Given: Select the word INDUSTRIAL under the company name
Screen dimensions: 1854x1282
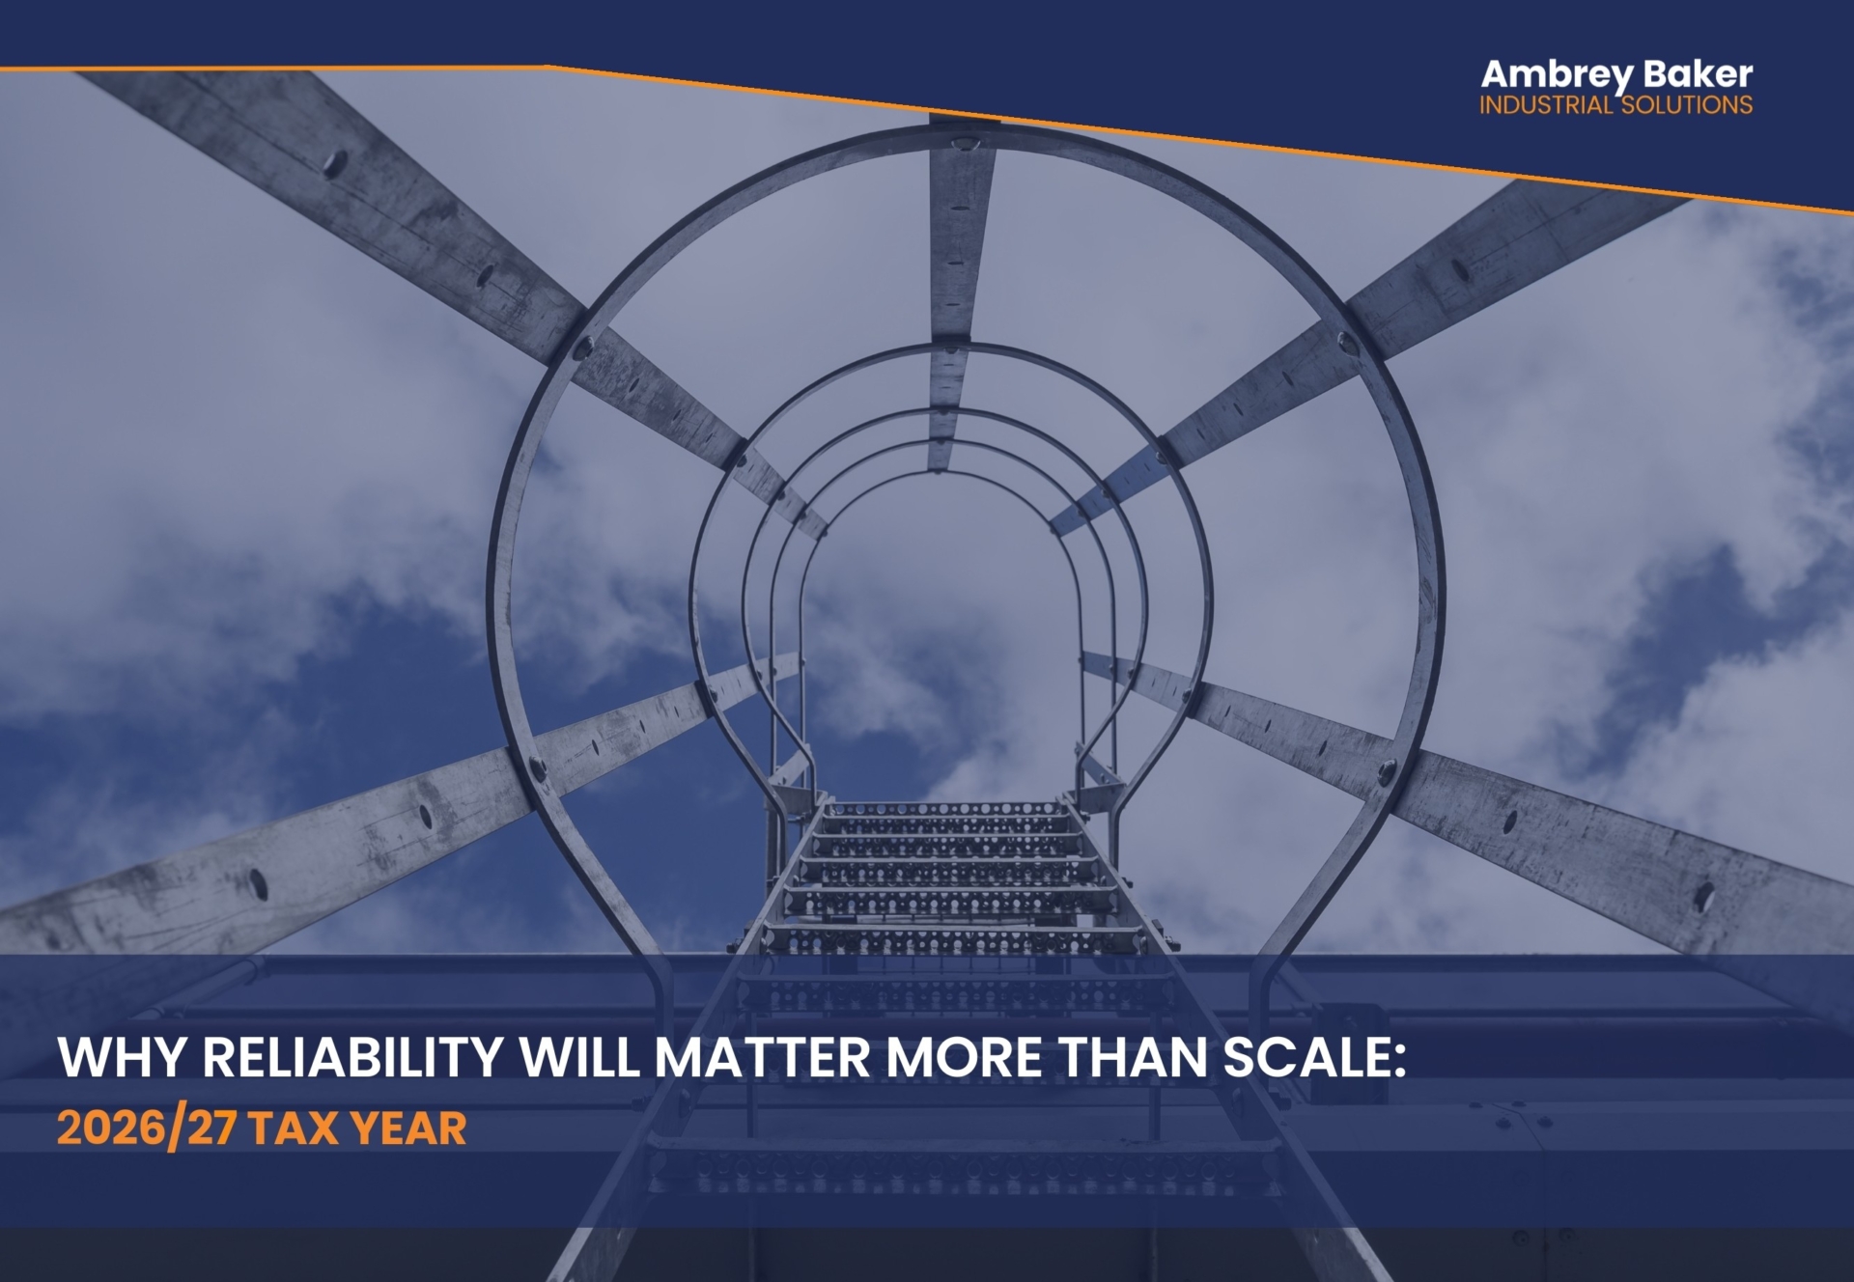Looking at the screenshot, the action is (x=1546, y=105).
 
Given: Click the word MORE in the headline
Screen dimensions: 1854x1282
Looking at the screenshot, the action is (x=964, y=1057).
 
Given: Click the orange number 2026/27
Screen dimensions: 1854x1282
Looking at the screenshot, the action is (x=146, y=1129).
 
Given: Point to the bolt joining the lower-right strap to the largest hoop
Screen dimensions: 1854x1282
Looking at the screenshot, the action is (x=1387, y=771).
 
